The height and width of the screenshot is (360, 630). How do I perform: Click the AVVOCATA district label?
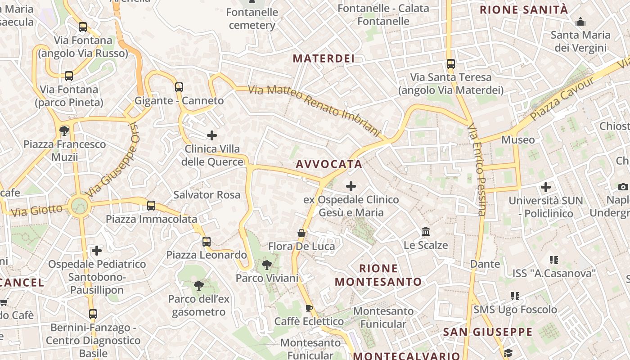pos(329,164)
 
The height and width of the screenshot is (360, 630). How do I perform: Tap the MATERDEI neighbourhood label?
pos(324,58)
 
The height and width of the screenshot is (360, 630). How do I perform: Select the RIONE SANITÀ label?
pos(524,10)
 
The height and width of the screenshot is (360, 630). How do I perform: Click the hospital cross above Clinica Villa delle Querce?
pos(212,135)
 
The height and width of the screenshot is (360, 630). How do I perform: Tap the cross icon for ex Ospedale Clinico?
pos(351,186)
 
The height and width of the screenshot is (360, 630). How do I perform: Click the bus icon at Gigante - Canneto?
pos(179,87)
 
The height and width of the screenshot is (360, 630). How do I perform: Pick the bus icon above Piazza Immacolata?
pos(151,206)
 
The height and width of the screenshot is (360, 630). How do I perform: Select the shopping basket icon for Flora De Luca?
pos(301,233)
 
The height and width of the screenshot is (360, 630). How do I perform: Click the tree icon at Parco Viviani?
pos(267,265)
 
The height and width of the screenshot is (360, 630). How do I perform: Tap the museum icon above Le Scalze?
pos(426,232)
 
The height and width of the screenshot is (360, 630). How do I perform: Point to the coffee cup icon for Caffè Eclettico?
pos(309,308)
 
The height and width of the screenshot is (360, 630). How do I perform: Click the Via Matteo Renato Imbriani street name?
pos(315,109)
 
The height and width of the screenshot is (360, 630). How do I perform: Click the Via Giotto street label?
pos(36,210)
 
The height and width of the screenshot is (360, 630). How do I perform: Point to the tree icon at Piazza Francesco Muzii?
pos(64,130)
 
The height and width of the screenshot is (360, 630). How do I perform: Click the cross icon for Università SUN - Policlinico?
pos(546,187)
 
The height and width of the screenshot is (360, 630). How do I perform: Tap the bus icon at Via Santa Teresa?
pos(451,64)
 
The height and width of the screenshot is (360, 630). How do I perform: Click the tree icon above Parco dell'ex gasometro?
pos(198,285)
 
